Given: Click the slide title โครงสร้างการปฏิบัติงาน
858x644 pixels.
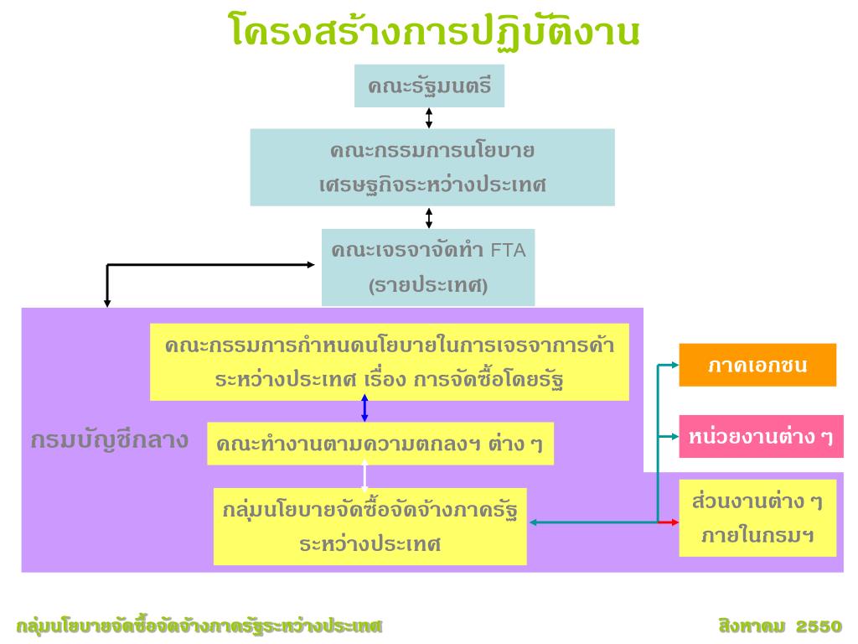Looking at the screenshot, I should [435, 31].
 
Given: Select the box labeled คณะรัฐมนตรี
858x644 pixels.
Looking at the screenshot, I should [429, 86].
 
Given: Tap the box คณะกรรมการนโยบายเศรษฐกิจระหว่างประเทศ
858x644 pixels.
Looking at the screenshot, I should [432, 167].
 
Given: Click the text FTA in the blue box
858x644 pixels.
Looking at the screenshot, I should [508, 250].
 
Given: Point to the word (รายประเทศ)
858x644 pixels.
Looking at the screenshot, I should [428, 285].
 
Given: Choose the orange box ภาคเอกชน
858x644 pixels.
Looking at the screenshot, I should [757, 365].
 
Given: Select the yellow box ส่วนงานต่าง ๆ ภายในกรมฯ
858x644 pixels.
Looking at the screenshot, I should [757, 517].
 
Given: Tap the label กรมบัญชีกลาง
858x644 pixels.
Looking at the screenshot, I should [109, 440].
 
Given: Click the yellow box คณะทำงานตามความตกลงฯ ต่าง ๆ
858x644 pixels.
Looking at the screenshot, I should [380, 444].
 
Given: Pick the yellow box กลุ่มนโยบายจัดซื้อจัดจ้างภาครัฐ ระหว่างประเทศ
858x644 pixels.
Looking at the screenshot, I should [370, 527].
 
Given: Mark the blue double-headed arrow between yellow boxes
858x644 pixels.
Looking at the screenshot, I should [364, 408].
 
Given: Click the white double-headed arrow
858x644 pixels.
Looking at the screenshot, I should [364, 475].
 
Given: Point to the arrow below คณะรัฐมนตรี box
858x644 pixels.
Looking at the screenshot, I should [429, 117].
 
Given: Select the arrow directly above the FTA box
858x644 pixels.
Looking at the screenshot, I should [429, 218].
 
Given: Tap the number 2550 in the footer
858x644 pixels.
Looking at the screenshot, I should [819, 626].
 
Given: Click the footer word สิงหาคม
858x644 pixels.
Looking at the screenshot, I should [752, 626].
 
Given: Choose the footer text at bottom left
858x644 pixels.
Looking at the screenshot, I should [199, 626].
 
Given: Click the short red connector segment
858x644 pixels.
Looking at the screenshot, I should [668, 522].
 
